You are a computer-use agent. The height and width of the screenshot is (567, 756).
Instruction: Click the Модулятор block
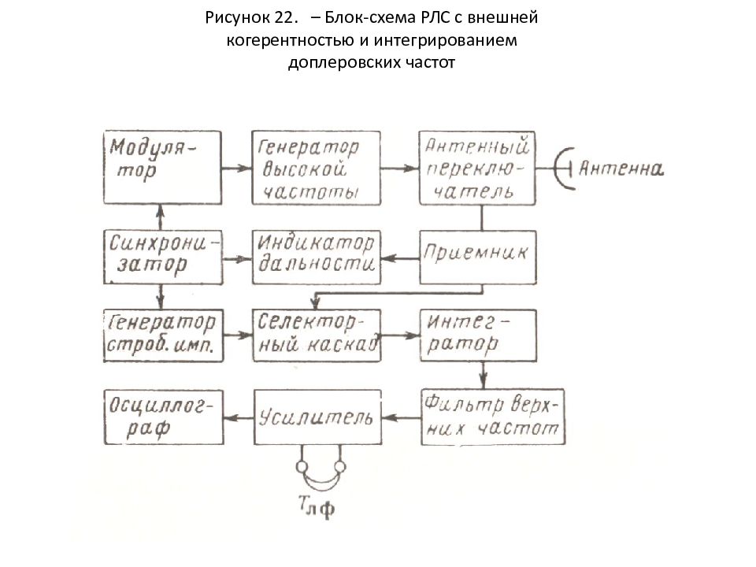click(162, 167)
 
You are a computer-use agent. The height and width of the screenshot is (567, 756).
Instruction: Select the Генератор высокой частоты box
click(317, 168)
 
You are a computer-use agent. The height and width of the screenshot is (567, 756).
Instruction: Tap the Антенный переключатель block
click(477, 168)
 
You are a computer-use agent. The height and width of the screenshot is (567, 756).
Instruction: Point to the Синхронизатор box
click(163, 257)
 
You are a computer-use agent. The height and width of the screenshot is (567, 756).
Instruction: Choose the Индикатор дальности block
click(317, 257)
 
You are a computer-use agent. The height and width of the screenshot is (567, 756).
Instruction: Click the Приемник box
click(477, 257)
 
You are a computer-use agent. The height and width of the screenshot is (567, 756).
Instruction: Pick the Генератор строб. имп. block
click(163, 335)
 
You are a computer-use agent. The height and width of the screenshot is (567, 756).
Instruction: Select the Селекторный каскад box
click(317, 335)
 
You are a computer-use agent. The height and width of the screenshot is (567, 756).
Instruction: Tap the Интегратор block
click(478, 335)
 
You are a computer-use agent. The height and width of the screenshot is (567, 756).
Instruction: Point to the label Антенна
click(621, 169)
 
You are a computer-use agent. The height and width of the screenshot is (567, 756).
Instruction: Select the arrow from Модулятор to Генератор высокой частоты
click(237, 169)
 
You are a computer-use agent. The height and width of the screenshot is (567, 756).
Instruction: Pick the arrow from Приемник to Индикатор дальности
click(400, 259)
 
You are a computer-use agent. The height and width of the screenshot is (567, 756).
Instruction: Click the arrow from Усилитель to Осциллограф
click(239, 417)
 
